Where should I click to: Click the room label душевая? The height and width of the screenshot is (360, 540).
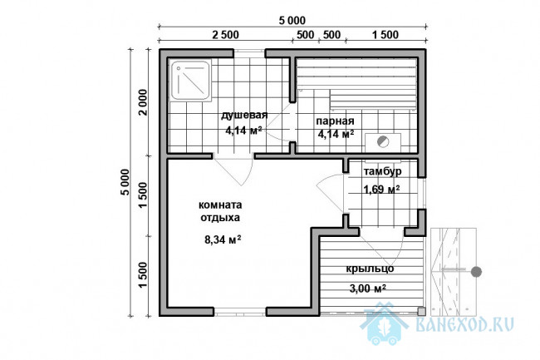point(243,115)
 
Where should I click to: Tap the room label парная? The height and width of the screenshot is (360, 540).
point(335,121)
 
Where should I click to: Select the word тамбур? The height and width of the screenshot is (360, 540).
point(382,171)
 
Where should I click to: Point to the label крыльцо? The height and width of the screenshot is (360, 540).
point(370,269)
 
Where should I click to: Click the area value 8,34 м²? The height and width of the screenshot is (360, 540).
point(223,239)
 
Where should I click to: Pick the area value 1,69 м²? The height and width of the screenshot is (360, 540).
point(381,189)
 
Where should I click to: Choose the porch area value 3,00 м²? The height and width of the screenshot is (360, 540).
point(367,288)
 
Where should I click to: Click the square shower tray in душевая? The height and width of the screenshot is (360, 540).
point(190,81)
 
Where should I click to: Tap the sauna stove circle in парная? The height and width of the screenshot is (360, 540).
point(383,141)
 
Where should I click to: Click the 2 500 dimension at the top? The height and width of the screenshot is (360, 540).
point(225,35)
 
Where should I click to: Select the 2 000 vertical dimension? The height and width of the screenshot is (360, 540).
point(143,102)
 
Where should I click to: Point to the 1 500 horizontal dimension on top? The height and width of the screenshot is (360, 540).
point(385,35)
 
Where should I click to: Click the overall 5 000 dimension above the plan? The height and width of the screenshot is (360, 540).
point(292,21)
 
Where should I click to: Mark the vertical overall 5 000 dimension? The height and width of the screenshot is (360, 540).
point(125,182)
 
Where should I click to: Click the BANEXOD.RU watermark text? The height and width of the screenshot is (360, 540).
point(465,324)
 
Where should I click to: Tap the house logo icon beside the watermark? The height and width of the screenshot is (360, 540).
point(383,323)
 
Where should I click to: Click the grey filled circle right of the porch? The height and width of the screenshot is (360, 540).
point(476,272)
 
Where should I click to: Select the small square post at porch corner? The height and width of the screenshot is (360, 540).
point(421,312)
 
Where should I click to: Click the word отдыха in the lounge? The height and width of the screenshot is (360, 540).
point(220,218)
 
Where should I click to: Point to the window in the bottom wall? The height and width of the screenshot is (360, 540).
point(240,312)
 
